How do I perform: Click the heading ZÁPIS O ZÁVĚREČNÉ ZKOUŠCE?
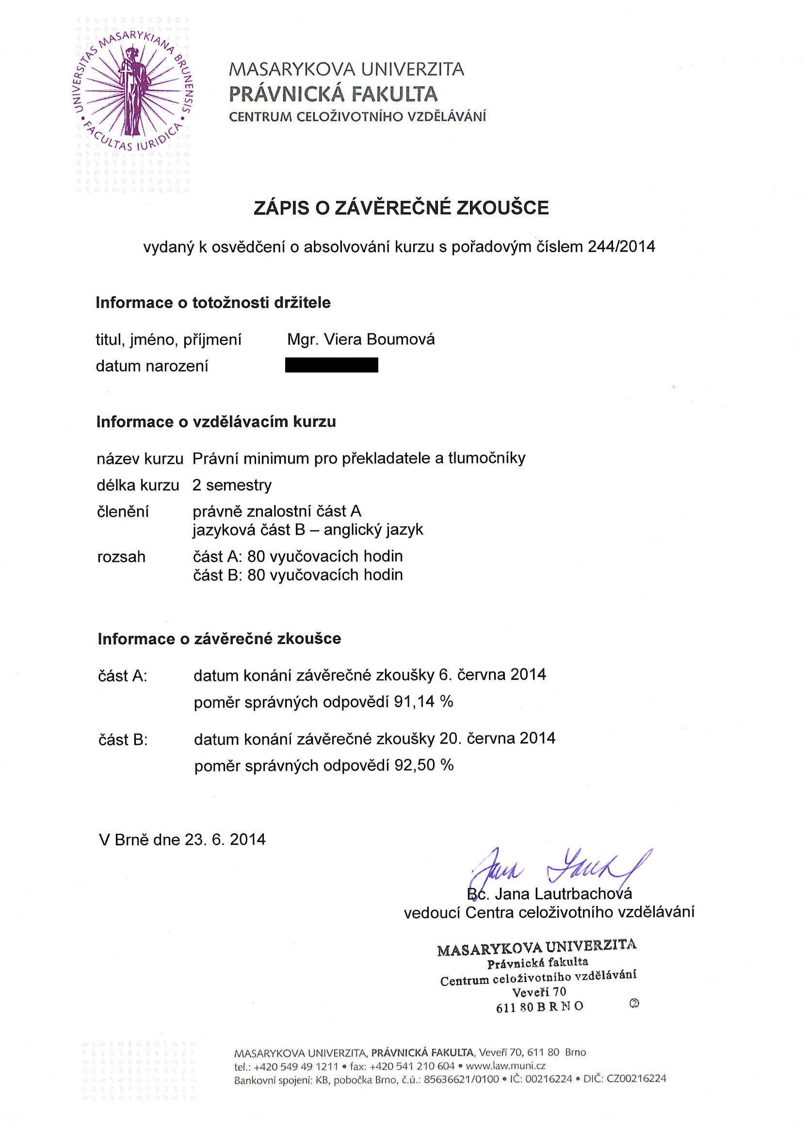pyautogui.click(x=401, y=208)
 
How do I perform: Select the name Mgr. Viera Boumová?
pyautogui.click(x=361, y=340)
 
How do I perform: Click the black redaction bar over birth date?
pyautogui.click(x=331, y=365)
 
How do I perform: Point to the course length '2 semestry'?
pyautogui.click(x=232, y=485)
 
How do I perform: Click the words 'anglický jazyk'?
pyautogui.click(x=373, y=530)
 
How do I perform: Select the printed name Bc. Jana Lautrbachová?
pyautogui.click(x=549, y=894)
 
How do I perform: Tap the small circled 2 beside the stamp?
pyautogui.click(x=634, y=1004)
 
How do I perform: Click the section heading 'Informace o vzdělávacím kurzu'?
pyautogui.click(x=216, y=422)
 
